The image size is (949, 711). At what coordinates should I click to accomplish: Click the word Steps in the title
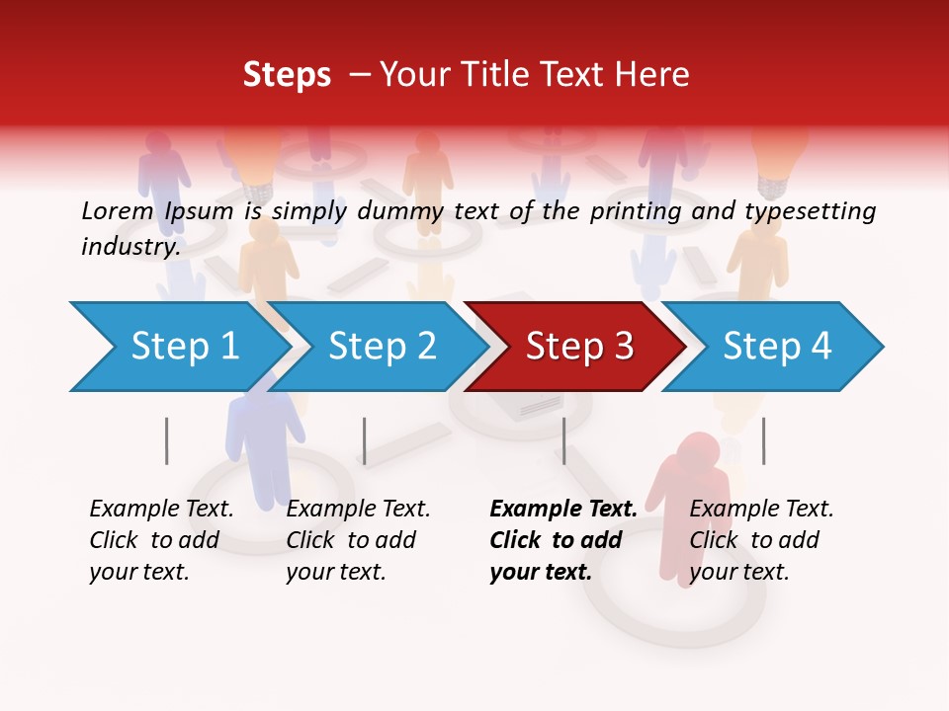coord(287,75)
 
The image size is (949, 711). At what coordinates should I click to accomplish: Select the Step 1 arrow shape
coord(178,347)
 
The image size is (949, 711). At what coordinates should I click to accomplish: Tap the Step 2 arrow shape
coord(381,347)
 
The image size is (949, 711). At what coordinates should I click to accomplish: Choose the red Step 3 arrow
coord(578,347)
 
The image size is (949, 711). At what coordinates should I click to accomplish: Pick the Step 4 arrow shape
coord(777,347)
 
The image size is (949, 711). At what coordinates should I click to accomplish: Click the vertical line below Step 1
coord(167,440)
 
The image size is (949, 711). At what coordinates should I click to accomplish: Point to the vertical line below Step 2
coord(365,440)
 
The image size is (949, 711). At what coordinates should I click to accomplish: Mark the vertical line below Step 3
coord(563,440)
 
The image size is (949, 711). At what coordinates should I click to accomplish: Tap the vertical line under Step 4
coord(763,440)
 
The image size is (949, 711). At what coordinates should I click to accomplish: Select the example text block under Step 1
coord(161,540)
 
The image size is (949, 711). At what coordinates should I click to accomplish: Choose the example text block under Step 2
coord(358,540)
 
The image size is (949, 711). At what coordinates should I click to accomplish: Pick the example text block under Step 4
coord(761,540)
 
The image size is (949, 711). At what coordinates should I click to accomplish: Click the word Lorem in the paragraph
coord(117,210)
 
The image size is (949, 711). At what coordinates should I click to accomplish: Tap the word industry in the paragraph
coord(130,246)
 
